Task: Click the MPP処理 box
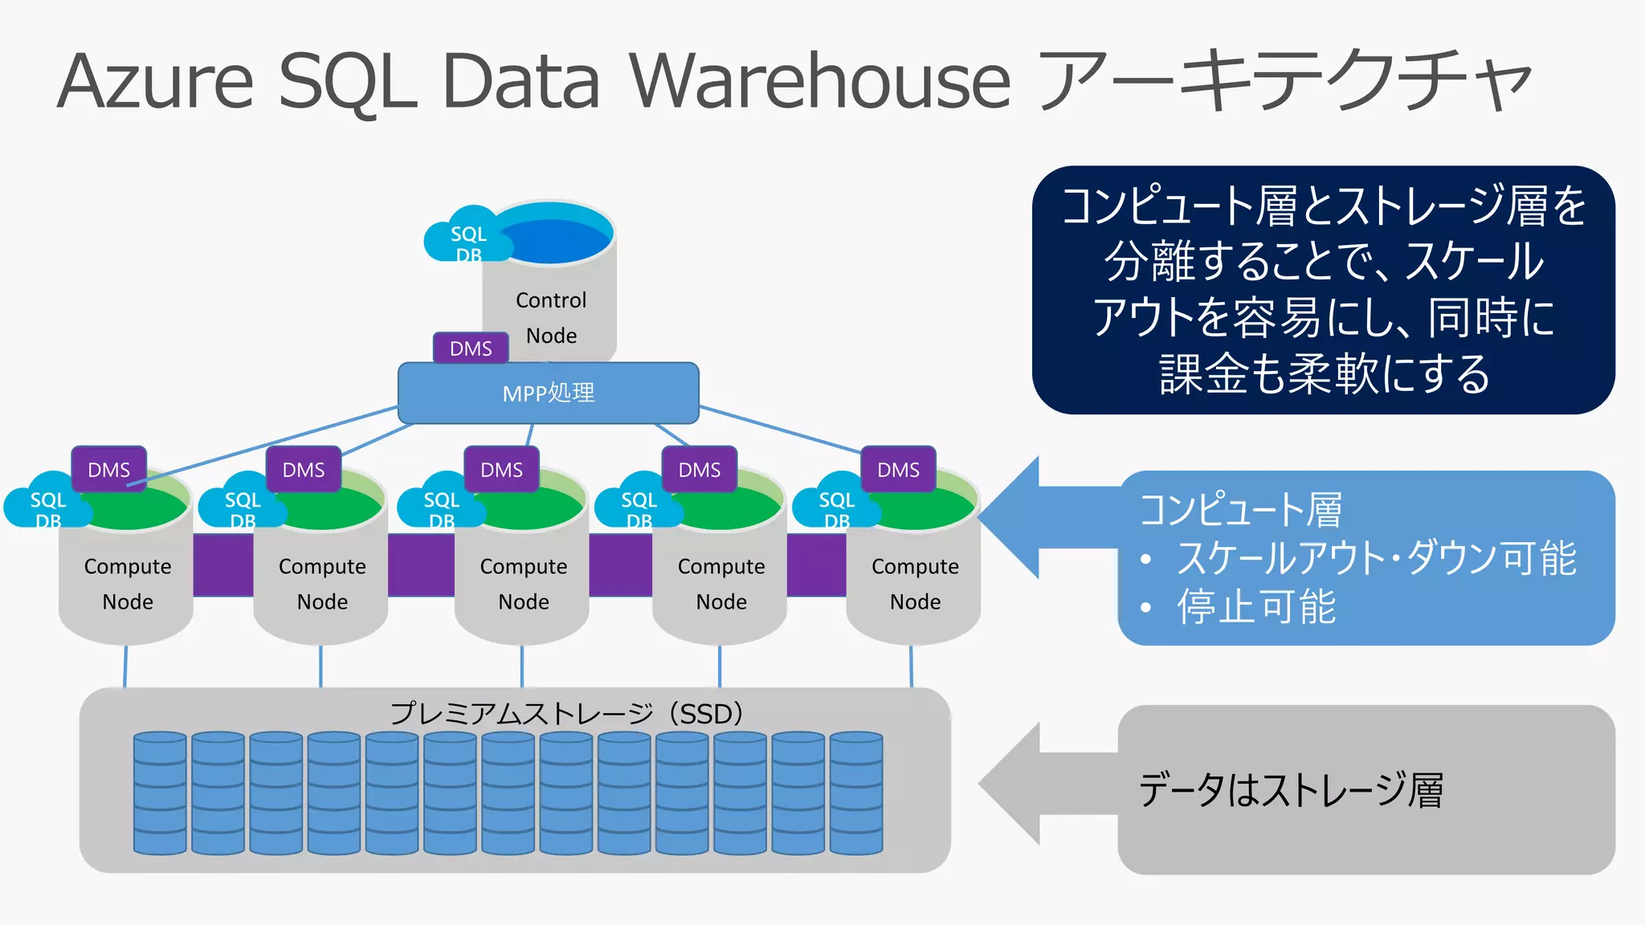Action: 549,393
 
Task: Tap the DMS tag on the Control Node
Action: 471,348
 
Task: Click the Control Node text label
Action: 551,317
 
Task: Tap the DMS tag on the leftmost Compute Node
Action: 108,469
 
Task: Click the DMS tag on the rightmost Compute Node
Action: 898,469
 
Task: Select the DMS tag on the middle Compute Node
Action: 501,469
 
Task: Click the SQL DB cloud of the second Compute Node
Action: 241,505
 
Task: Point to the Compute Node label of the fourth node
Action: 721,584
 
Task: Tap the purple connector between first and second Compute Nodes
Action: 223,564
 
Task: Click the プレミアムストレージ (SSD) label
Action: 567,713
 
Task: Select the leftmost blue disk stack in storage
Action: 160,793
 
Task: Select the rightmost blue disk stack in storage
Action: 856,793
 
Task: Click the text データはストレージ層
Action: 1290,790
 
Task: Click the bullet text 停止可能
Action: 1256,606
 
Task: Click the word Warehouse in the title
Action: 818,81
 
